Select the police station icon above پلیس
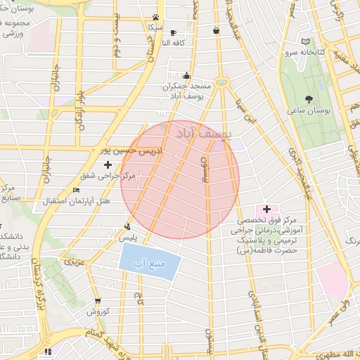(127, 226)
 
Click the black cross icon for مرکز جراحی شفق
(108, 165)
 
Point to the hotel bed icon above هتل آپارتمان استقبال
(77, 191)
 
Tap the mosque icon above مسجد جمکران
(186, 76)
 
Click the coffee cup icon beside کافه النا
(174, 32)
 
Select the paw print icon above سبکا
(155, 18)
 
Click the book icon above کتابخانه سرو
(304, 41)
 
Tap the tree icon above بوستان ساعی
(309, 98)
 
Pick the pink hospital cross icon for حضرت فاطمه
(266, 209)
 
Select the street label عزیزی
(75, 261)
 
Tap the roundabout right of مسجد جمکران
(221, 83)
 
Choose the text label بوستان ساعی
(309, 111)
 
